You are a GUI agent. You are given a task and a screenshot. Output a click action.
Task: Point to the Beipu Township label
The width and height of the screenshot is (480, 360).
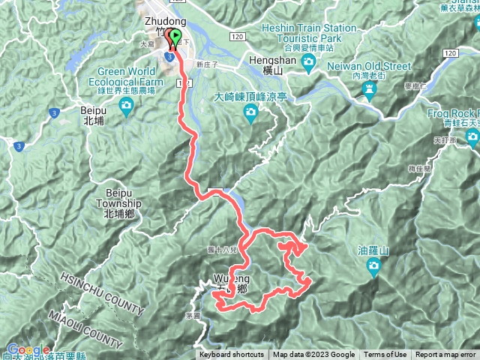[118, 207]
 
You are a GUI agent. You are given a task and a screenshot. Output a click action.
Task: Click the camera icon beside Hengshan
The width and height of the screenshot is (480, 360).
[307, 67]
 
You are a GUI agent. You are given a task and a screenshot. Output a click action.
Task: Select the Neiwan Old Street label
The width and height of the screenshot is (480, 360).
[370, 65]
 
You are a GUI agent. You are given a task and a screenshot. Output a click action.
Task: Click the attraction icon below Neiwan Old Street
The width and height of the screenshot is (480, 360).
[368, 91]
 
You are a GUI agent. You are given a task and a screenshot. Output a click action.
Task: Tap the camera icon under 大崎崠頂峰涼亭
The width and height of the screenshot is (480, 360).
[250, 113]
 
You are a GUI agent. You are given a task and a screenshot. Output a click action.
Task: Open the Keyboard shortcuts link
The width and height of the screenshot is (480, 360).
[232, 355]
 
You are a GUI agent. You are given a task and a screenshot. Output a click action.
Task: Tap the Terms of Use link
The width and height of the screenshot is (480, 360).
[385, 355]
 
